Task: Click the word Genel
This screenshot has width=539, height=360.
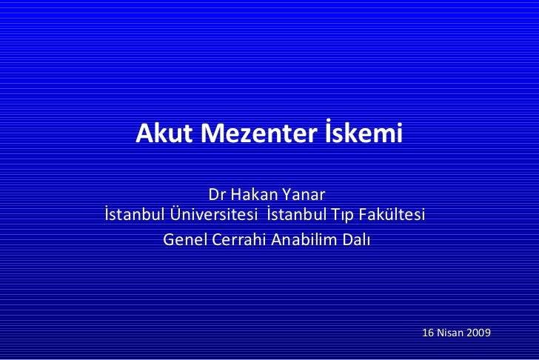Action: point(182,240)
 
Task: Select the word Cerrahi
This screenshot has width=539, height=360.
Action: point(235,240)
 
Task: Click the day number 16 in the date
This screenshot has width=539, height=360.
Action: point(427,333)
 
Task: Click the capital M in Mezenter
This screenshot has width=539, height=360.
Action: point(212,134)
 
